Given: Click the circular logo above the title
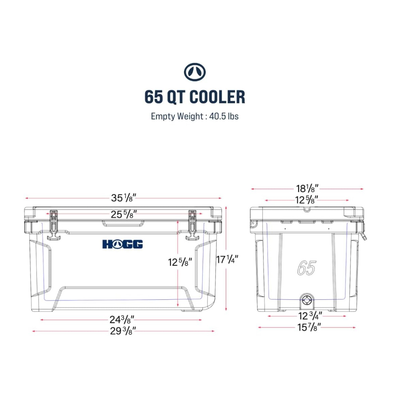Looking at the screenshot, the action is tap(195, 72).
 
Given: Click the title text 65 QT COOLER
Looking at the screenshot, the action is tap(195, 97).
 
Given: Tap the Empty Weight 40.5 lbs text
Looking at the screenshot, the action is tap(195, 116).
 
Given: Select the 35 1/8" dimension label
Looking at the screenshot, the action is tap(124, 198).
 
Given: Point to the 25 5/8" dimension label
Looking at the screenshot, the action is tap(124, 214).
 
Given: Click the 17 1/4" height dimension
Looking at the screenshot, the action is tap(227, 259).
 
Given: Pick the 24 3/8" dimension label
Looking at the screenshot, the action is tap(122, 319).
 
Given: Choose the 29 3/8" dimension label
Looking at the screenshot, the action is tap(123, 331).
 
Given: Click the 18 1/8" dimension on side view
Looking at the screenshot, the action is tap(307, 188).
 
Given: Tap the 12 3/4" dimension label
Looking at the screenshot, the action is tap(310, 316).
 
